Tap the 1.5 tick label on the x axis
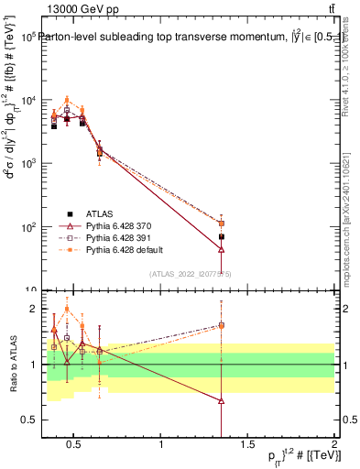247,445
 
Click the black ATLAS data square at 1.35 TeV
221,236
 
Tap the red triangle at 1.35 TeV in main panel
221,249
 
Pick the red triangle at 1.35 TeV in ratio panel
221,400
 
